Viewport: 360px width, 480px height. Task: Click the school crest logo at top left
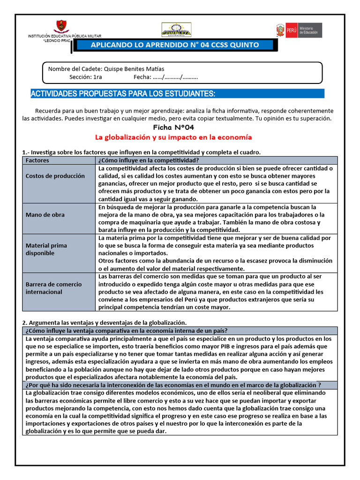pyautogui.click(x=61, y=27)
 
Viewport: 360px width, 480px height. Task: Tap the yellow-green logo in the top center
pyautogui.click(x=176, y=30)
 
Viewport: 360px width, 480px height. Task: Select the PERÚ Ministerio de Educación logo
pyautogui.click(x=299, y=30)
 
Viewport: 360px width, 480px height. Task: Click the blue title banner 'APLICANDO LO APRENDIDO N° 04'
pyautogui.click(x=174, y=45)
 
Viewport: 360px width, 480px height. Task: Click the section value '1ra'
pyautogui.click(x=97, y=77)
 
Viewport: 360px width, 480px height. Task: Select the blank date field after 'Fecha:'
pyautogui.click(x=176, y=77)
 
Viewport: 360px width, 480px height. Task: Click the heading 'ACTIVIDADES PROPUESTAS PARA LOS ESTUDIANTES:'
pyautogui.click(x=123, y=94)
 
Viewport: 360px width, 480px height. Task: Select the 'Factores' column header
pyautogui.click(x=37, y=160)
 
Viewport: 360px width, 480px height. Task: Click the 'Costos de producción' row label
pyautogui.click(x=55, y=176)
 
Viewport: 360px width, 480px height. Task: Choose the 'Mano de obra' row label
pyautogui.click(x=45, y=215)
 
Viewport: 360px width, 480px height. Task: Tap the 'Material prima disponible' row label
pyautogui.click(x=46, y=249)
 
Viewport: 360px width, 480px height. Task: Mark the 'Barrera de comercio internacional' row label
pyautogui.click(x=53, y=288)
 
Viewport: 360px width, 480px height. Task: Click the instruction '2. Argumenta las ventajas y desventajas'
pyautogui.click(x=105, y=322)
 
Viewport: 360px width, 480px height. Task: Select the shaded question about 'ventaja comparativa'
pyautogui.click(x=127, y=330)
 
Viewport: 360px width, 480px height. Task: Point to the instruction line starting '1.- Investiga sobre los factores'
pyautogui.click(x=141, y=152)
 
